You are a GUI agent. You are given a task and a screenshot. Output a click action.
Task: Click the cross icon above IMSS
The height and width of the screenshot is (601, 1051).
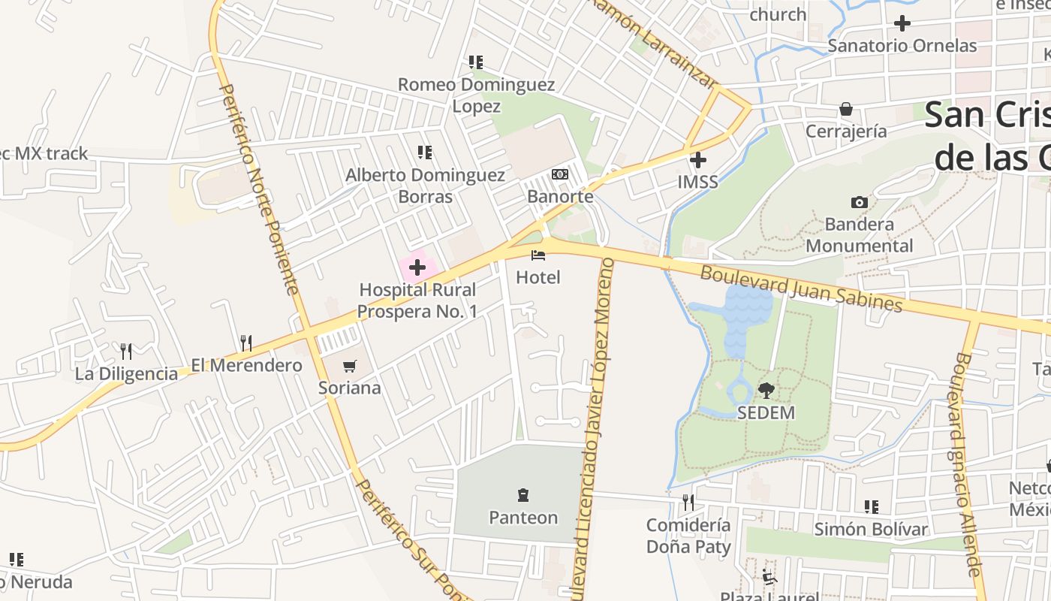pyautogui.click(x=698, y=159)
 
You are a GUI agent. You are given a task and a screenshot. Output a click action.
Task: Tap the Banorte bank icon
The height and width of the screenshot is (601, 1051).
pyautogui.click(x=560, y=174)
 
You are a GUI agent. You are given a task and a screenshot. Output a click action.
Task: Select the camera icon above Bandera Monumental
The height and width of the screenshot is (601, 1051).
pyautogui.click(x=860, y=202)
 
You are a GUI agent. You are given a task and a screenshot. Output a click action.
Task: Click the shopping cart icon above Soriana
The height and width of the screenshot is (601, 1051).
pyautogui.click(x=349, y=366)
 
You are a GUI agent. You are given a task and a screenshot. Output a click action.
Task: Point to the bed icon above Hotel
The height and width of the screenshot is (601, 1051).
pyautogui.click(x=538, y=255)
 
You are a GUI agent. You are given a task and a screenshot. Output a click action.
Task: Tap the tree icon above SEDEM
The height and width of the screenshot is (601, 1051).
pyautogui.click(x=766, y=390)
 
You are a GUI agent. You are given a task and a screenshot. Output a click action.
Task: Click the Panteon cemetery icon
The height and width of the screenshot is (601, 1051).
pyautogui.click(x=523, y=495)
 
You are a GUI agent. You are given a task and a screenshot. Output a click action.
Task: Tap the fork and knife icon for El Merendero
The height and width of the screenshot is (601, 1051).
pyautogui.click(x=246, y=343)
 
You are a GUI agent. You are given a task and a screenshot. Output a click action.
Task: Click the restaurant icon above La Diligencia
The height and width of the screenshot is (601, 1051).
pyautogui.click(x=126, y=351)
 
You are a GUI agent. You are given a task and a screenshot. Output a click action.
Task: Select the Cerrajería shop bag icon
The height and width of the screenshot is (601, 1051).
pyautogui.click(x=846, y=109)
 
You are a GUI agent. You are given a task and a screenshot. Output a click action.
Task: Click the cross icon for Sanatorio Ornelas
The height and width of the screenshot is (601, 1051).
pyautogui.click(x=902, y=23)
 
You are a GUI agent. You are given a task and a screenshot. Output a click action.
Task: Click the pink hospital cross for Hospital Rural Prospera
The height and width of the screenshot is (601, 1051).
pyautogui.click(x=417, y=267)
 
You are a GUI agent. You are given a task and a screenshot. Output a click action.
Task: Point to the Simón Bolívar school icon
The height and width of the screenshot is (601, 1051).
pyautogui.click(x=871, y=507)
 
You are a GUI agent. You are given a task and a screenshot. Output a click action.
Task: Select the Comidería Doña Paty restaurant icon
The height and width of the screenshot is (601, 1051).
pyautogui.click(x=688, y=502)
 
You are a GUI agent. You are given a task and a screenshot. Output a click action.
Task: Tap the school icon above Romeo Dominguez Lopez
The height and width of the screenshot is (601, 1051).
pyautogui.click(x=476, y=62)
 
